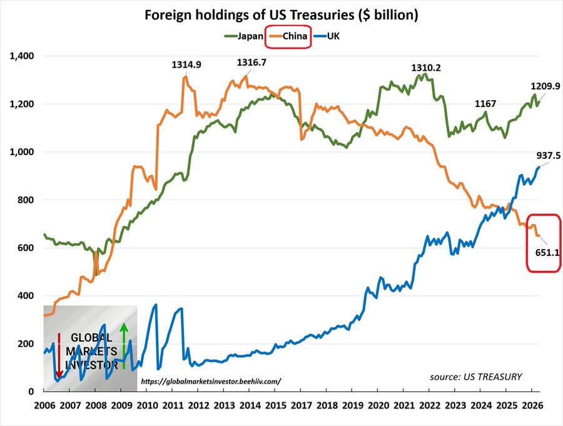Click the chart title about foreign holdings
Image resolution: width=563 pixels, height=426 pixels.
[281, 15]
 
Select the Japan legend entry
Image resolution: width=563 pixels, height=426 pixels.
[244, 36]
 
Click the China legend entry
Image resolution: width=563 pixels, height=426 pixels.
[288, 36]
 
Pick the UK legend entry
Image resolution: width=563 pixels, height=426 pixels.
[327, 36]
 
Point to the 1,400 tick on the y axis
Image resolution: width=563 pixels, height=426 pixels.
[22, 56]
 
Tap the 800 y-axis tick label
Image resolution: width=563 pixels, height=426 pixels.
[26, 200]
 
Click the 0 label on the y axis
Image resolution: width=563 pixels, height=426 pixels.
[31, 392]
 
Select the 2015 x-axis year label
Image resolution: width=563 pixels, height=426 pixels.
[276, 405]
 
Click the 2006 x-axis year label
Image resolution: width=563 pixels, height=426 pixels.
[44, 405]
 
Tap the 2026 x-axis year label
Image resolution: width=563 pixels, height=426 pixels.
[532, 405]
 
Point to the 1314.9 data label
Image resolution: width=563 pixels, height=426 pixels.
[186, 64]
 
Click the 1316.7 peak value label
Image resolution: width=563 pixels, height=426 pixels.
[251, 63]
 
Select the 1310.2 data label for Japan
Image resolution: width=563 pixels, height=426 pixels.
[426, 68]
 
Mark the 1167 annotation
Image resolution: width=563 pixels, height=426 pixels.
[485, 104]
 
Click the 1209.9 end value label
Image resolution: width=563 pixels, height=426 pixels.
[545, 86]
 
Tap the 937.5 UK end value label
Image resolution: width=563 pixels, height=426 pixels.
[548, 156]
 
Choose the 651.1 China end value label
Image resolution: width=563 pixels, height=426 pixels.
[547, 253]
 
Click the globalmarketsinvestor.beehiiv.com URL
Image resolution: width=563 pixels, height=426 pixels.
[211, 382]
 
